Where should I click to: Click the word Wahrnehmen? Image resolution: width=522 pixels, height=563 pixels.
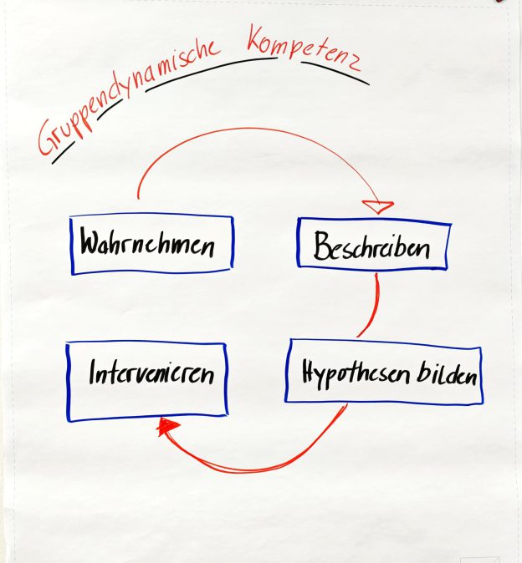coord(147,246)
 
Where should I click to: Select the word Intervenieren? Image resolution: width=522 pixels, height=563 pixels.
coord(151,373)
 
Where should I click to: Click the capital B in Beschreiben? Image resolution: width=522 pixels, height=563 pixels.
coord(323,246)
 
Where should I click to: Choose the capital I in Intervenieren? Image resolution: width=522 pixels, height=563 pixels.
coord(94,373)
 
